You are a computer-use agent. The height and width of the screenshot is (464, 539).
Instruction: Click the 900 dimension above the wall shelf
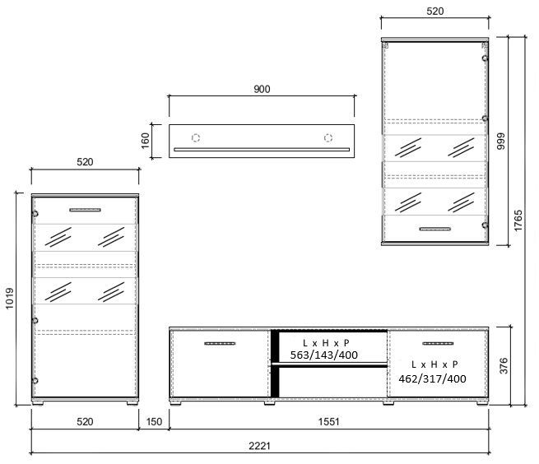262,89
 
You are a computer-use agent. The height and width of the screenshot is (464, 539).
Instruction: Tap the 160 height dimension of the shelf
146,141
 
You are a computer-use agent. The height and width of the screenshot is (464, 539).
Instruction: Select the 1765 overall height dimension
518,220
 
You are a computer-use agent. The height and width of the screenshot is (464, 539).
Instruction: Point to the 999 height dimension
501,141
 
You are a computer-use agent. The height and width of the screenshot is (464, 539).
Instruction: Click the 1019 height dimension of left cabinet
9,299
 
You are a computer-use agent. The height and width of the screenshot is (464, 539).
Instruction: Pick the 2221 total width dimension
259,446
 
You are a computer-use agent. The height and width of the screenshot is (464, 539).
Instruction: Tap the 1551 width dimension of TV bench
328,422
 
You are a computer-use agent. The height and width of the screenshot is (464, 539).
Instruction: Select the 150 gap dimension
154,422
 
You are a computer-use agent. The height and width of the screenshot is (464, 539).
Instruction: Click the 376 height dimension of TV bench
504,366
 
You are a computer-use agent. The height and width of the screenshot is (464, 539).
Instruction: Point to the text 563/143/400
324,355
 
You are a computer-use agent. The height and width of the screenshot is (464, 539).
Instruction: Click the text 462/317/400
433,378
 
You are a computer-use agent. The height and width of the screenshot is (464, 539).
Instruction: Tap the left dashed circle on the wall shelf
196,138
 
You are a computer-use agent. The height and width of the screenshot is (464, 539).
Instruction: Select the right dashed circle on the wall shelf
328,138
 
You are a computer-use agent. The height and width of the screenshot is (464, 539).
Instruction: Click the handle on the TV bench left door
220,343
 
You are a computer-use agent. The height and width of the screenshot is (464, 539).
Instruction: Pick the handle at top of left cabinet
86,210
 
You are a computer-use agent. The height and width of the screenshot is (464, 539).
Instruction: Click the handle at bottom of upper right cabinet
435,229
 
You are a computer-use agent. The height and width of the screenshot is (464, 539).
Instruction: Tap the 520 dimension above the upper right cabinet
434,12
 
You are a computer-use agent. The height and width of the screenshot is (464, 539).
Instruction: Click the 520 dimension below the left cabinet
85,422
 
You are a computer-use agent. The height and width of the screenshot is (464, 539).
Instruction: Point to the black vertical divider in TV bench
275,364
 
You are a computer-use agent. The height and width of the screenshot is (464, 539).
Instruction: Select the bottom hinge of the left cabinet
35,380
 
